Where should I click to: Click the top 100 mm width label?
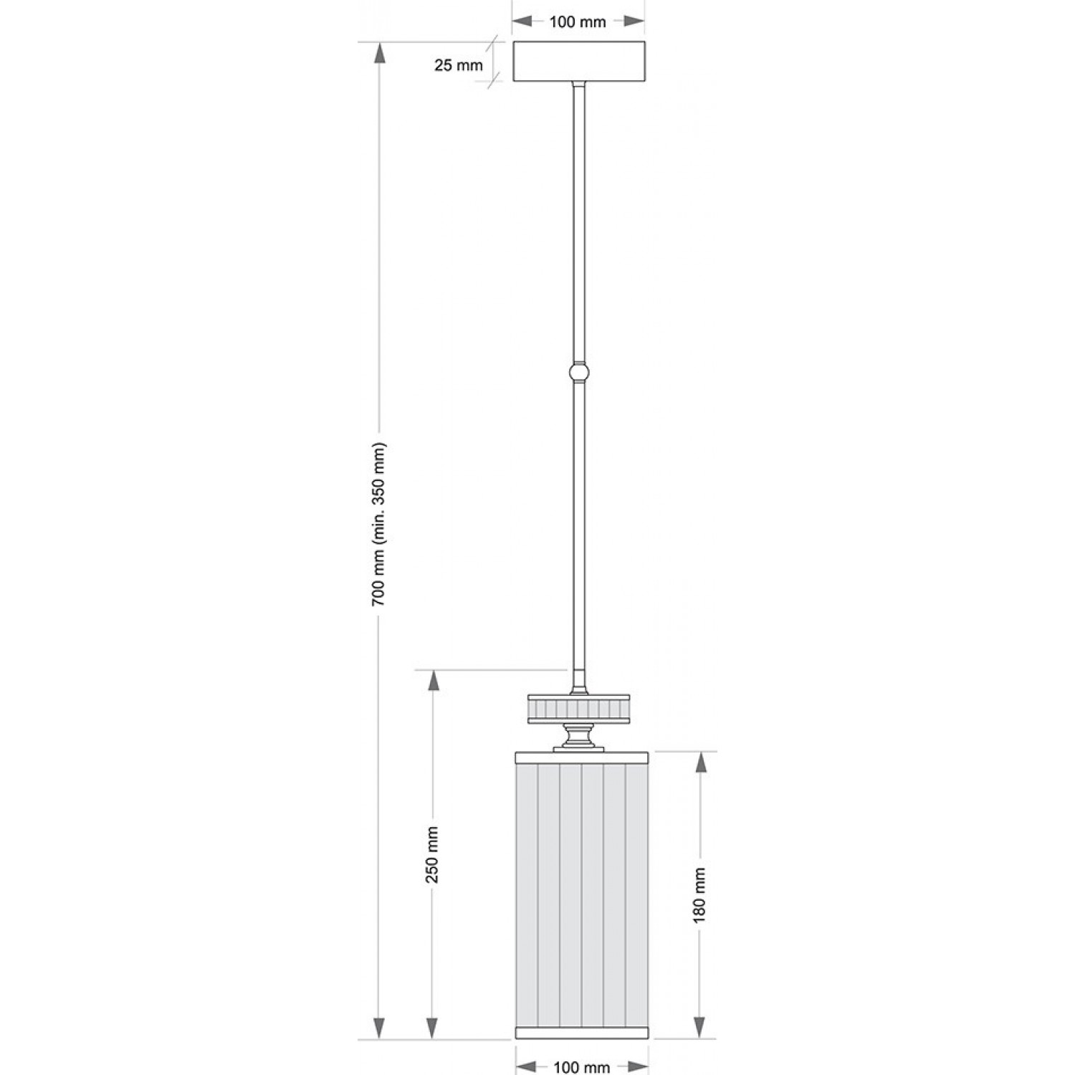point(578,21)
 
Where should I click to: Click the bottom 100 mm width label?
point(581,1067)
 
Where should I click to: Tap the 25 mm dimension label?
point(459,65)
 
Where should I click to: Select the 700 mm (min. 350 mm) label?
point(380,524)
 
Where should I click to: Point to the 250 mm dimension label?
point(432,854)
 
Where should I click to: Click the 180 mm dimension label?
point(700,895)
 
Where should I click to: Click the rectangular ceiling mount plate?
point(579,61)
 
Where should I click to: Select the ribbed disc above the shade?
point(579,709)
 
